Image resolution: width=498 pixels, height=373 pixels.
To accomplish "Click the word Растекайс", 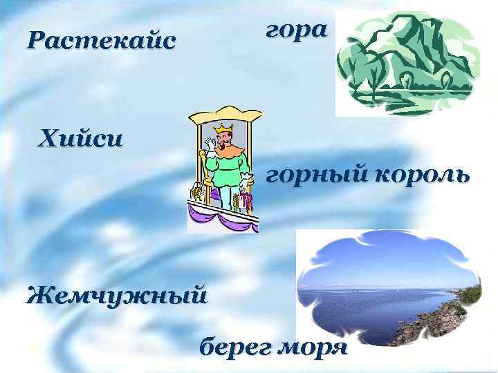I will (101, 42).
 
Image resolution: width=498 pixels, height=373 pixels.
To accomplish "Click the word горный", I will (318, 175).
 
